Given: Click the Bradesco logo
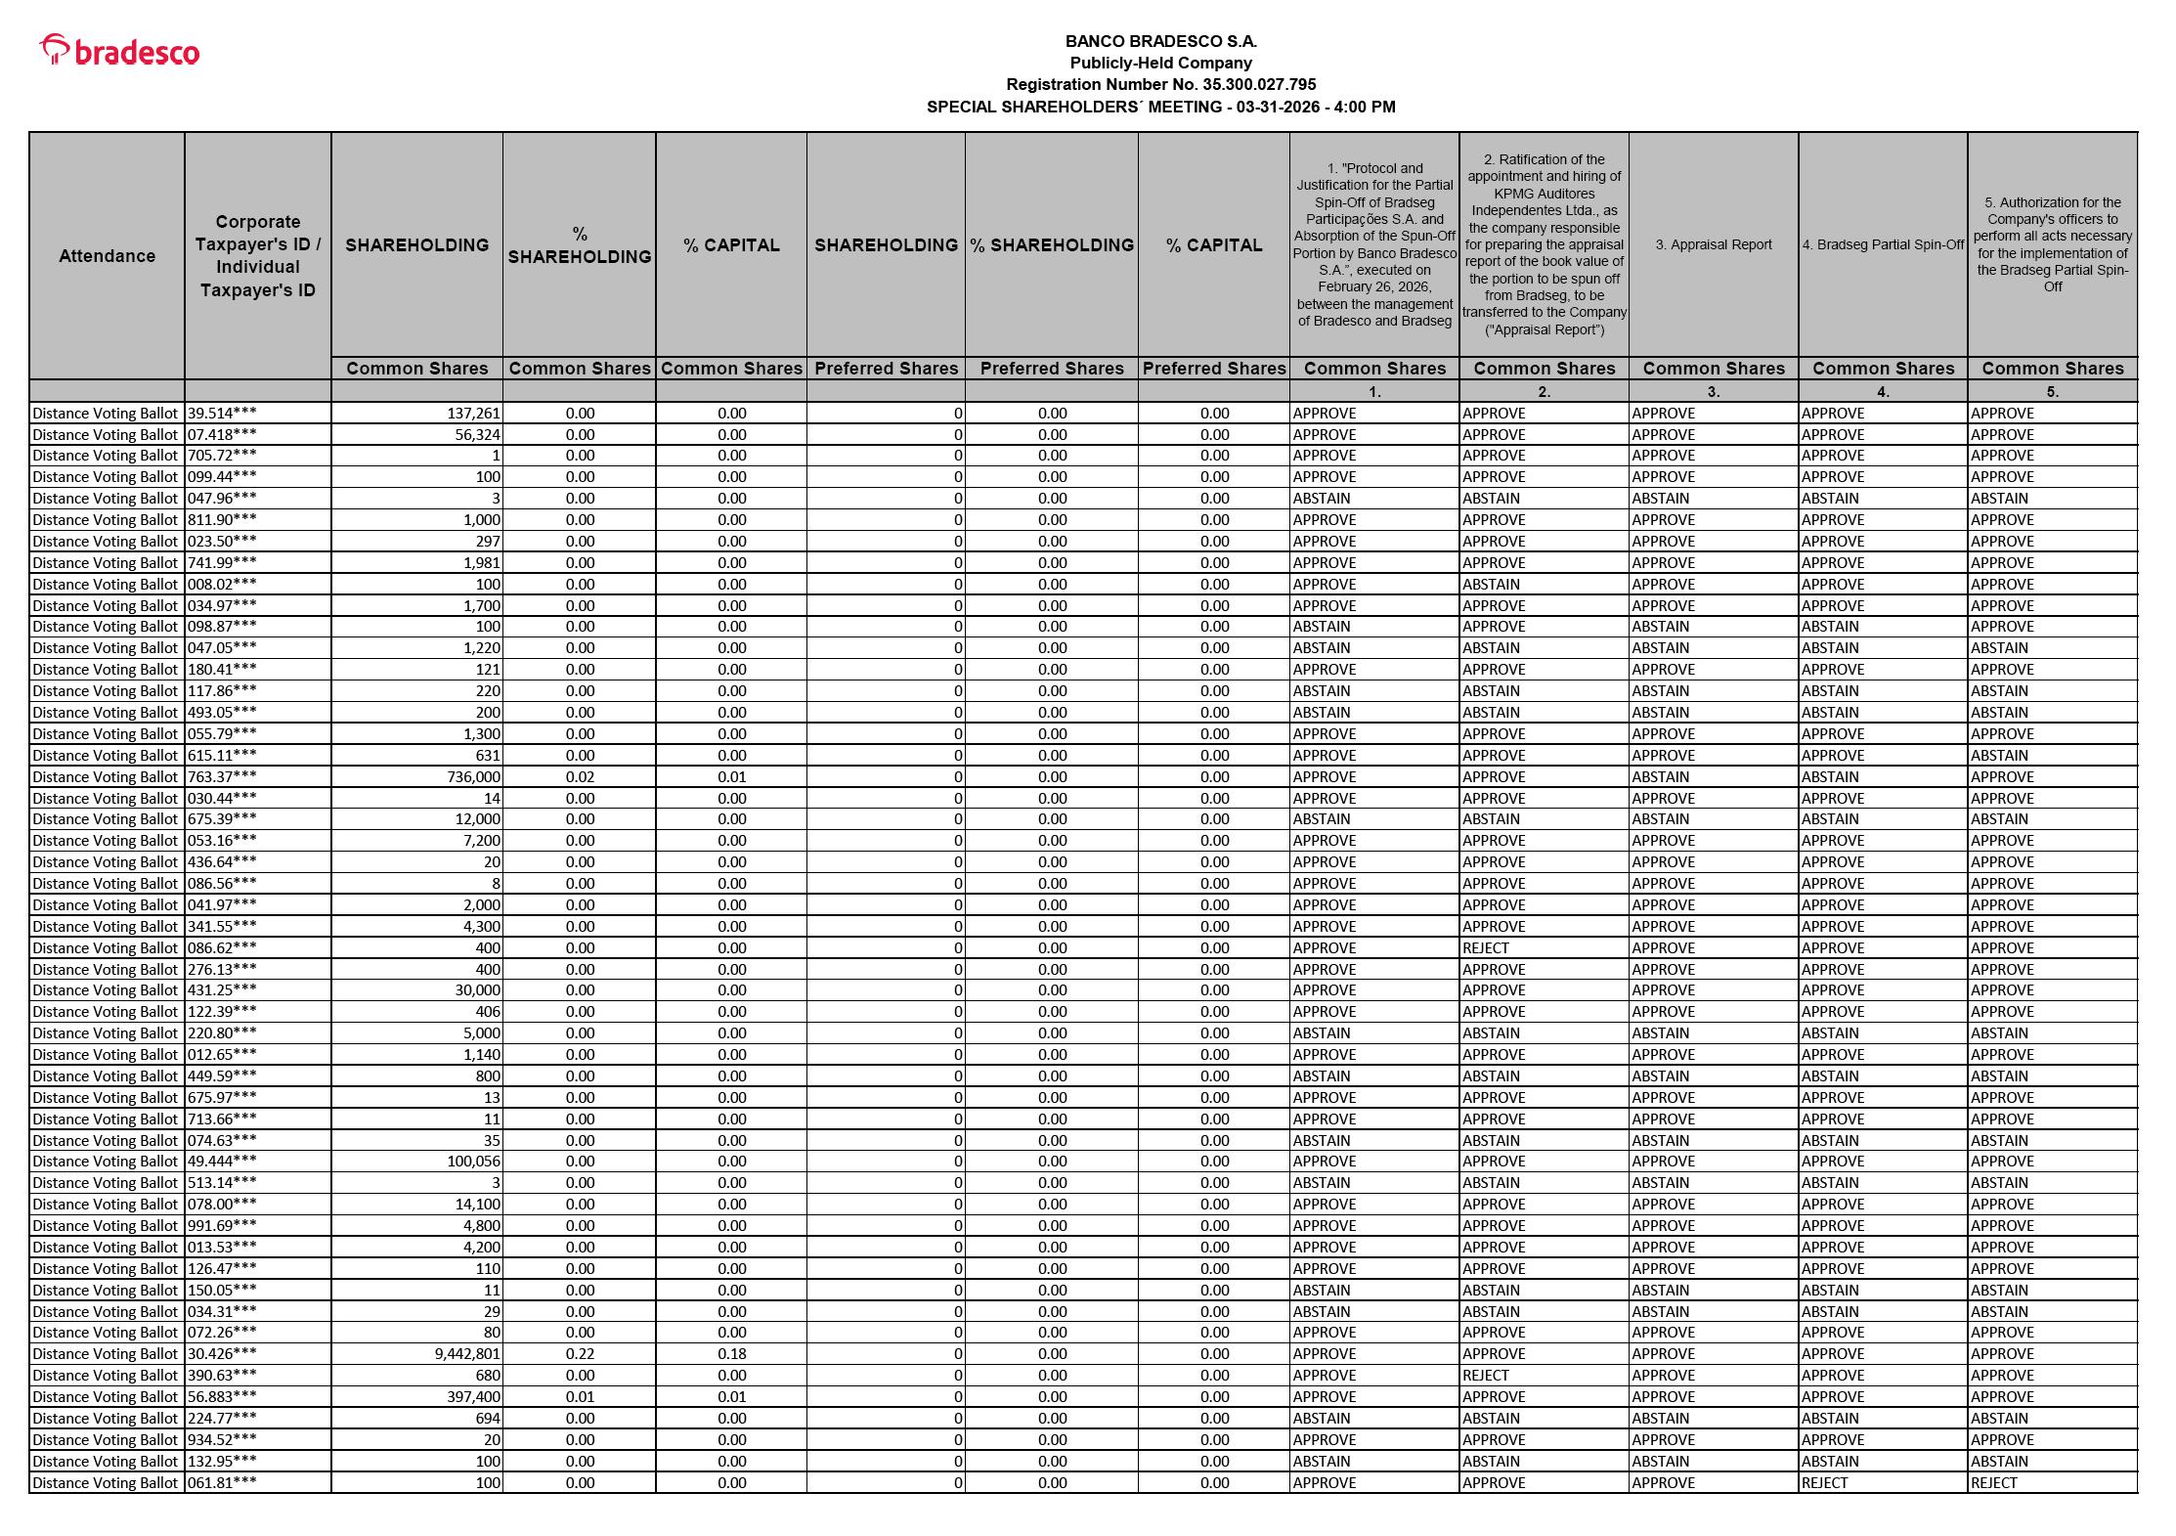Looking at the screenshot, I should (x=119, y=51).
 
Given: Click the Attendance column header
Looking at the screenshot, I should (x=107, y=256).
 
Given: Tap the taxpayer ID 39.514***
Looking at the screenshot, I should (x=222, y=414).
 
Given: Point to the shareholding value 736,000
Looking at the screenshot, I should (x=473, y=777).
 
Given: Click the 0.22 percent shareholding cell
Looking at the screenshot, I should (x=580, y=1354).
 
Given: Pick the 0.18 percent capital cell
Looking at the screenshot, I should (x=731, y=1354).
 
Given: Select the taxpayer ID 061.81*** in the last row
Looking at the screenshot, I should (x=222, y=1483).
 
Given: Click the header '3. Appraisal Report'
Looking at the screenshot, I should (x=1713, y=244).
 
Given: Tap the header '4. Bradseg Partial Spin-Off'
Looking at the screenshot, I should (x=1883, y=244).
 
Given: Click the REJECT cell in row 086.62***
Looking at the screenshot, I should (x=1486, y=948).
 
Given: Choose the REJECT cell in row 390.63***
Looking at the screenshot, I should (x=1486, y=1376).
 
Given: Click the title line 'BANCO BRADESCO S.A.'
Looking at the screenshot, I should (x=1160, y=42).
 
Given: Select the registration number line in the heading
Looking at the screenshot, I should (x=1160, y=85).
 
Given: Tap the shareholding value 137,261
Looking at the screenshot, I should (x=473, y=414).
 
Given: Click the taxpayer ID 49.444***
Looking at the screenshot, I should (x=222, y=1162).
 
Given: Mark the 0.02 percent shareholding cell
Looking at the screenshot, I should (x=580, y=777).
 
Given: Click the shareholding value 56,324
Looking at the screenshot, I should (x=477, y=435).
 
